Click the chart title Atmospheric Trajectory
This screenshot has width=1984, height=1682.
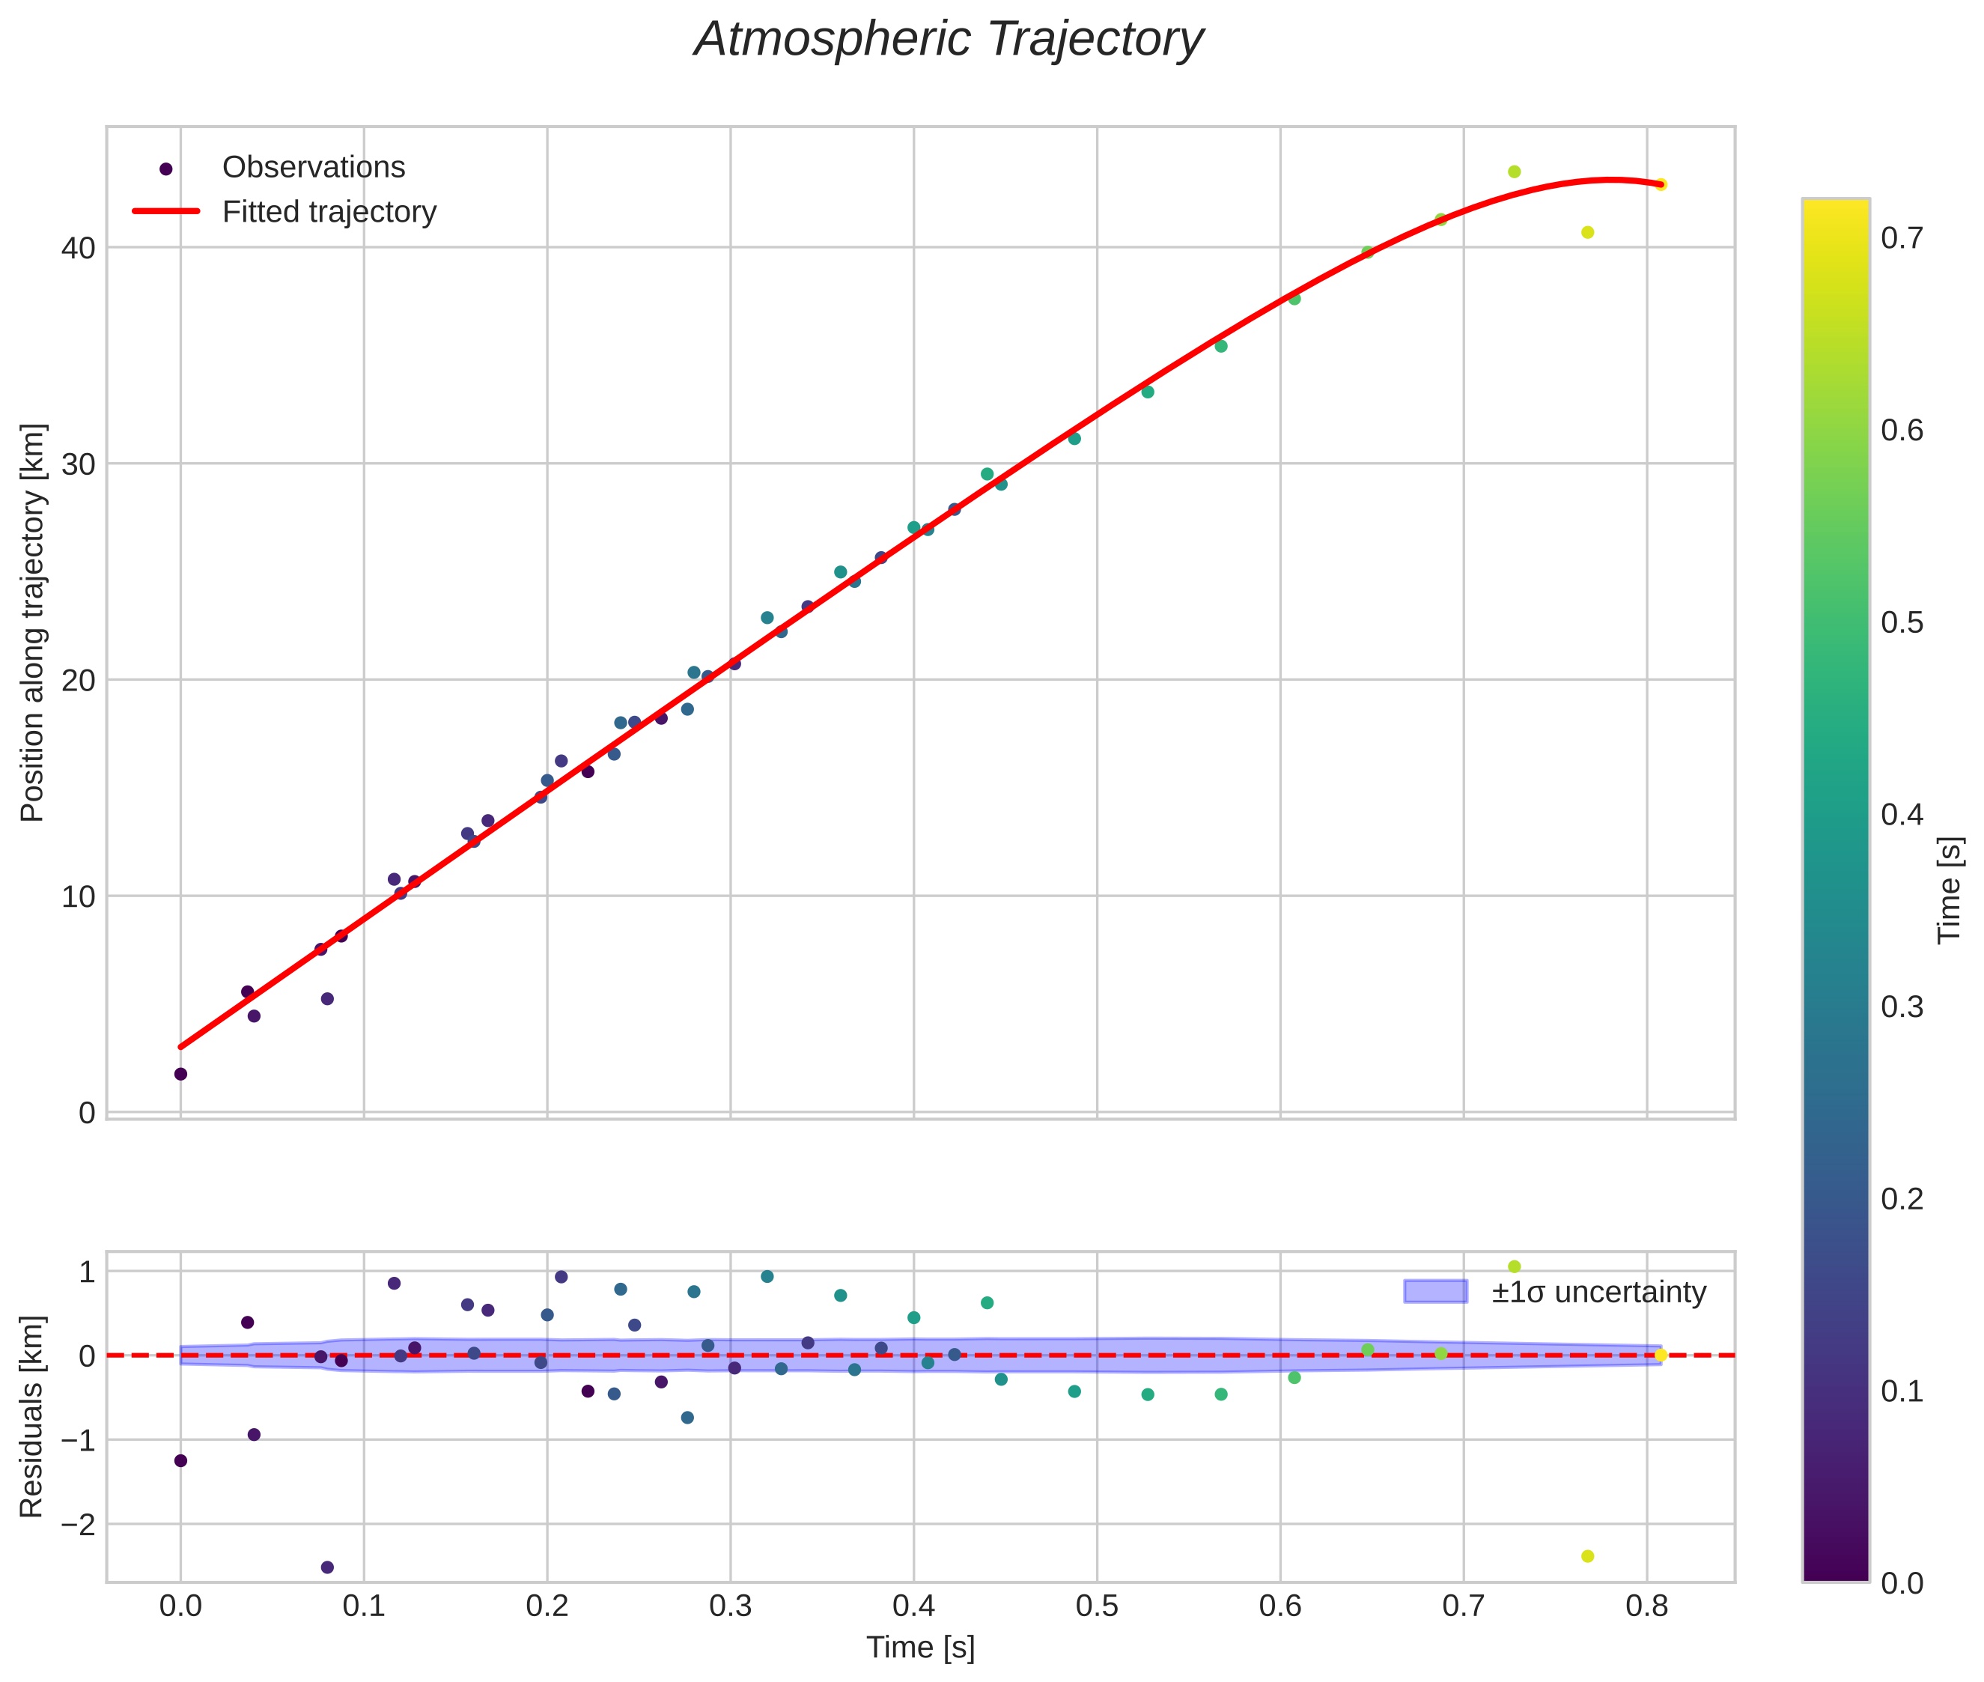[x=949, y=40]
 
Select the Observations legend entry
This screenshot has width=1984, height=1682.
[x=313, y=168]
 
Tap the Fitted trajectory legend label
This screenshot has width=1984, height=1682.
[x=329, y=212]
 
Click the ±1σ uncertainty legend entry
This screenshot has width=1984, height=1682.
[x=1598, y=1292]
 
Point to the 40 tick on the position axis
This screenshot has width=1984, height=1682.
[x=79, y=248]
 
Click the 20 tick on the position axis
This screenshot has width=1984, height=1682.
[x=79, y=681]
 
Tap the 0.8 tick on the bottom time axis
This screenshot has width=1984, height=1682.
[x=1646, y=1606]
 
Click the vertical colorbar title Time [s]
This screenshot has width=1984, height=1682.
[x=1950, y=890]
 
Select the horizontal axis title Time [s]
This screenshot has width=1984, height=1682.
[x=920, y=1648]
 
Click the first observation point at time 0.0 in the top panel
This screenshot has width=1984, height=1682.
[x=180, y=1074]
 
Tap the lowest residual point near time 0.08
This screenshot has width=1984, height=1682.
[x=327, y=1567]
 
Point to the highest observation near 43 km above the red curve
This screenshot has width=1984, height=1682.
[x=1514, y=171]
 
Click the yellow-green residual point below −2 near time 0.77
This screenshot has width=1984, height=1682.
[x=1587, y=1556]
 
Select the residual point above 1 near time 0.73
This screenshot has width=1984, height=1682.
[x=1514, y=1266]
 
